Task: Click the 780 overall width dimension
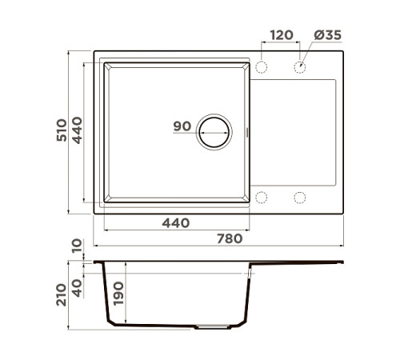(x=230, y=238)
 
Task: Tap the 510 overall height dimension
(x=62, y=130)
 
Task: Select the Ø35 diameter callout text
(x=328, y=35)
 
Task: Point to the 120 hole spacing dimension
(x=282, y=35)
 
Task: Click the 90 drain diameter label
(x=182, y=126)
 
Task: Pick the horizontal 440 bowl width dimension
(x=176, y=223)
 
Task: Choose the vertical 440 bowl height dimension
(x=77, y=130)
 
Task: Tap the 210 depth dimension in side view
(x=62, y=294)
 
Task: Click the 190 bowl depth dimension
(x=118, y=294)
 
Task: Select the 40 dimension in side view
(x=77, y=288)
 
